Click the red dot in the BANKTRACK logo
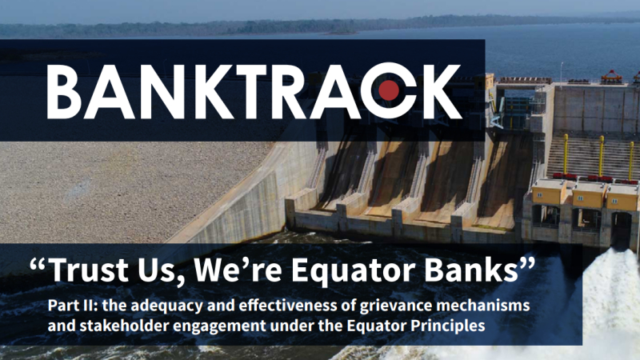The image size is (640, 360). click(389, 90)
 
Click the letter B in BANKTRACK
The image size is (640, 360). click(65, 91)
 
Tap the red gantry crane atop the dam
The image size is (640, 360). click(611, 76)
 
